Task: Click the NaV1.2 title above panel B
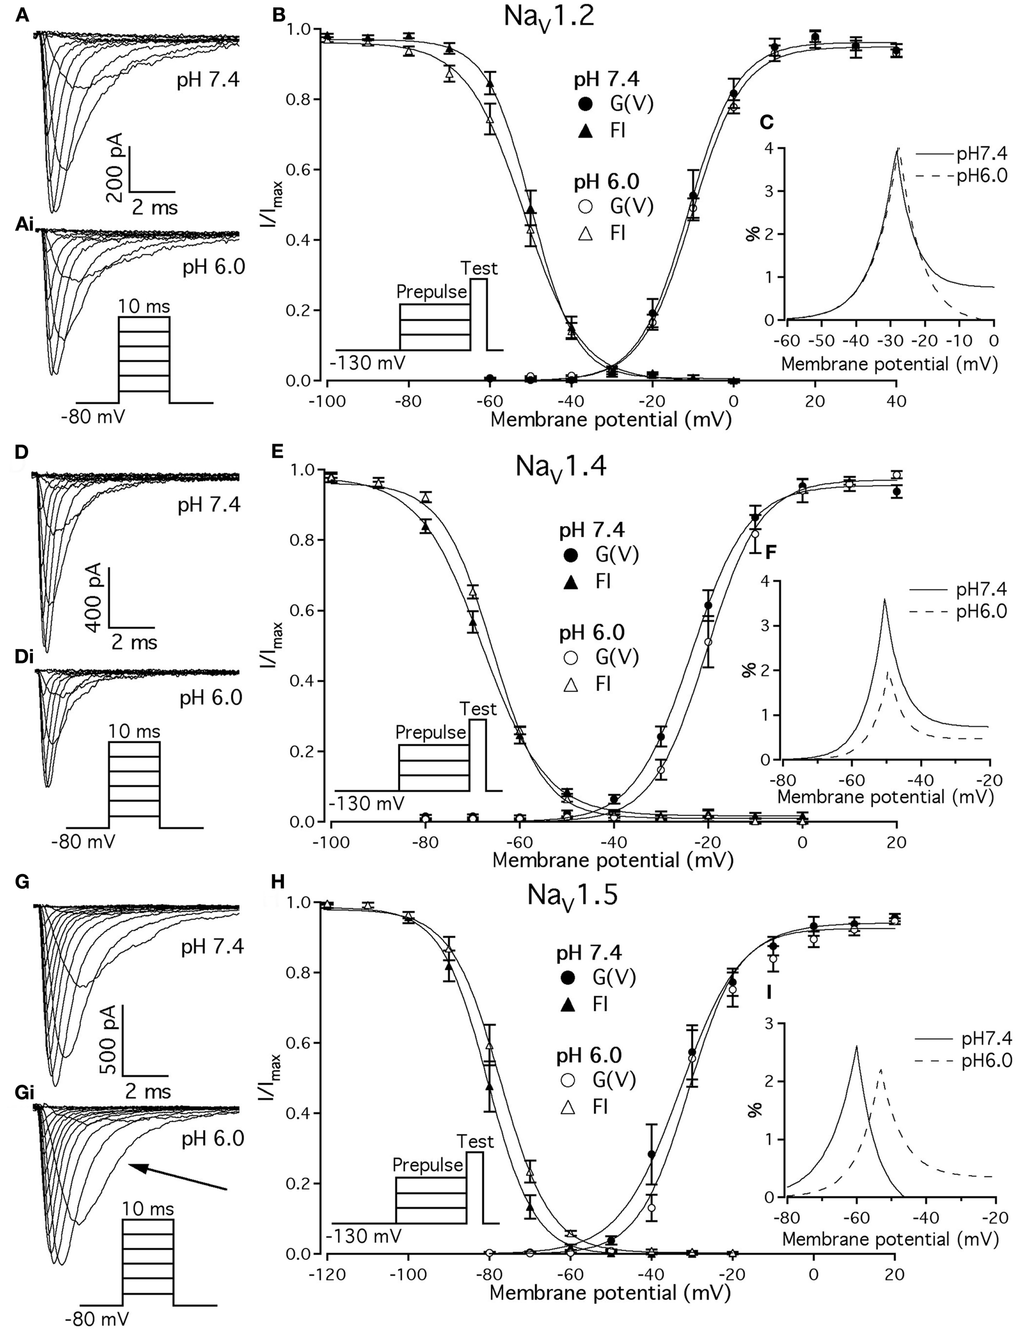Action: pyautogui.click(x=549, y=17)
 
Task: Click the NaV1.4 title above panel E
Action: pyautogui.click(x=561, y=467)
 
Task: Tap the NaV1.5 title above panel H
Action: pyautogui.click(x=572, y=895)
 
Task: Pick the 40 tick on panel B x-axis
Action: pyautogui.click(x=896, y=401)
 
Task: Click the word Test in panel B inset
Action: pyautogui.click(x=479, y=268)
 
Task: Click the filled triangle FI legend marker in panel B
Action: pyautogui.click(x=586, y=130)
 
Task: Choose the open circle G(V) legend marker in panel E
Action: pyautogui.click(x=571, y=658)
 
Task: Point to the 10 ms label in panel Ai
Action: pyautogui.click(x=144, y=306)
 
